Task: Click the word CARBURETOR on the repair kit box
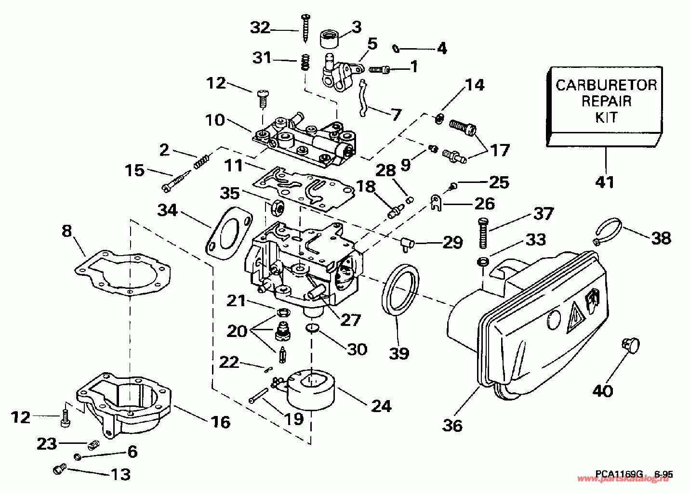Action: point(606,85)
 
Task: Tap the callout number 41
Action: point(605,182)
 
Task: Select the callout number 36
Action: point(452,425)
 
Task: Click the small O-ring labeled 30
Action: point(312,328)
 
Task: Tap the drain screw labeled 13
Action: point(59,468)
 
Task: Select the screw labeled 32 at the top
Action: point(305,27)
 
